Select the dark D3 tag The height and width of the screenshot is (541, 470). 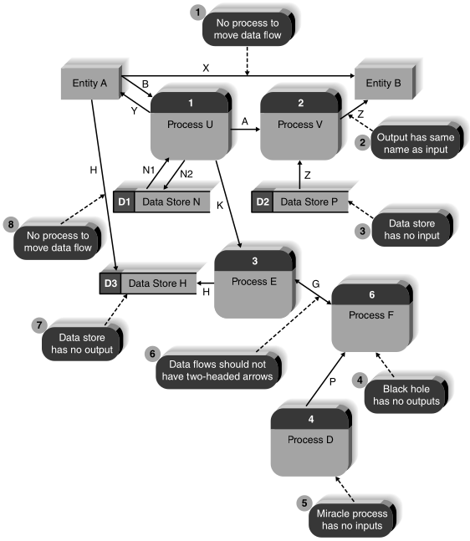tap(111, 283)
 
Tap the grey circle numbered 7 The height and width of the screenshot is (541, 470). tap(37, 324)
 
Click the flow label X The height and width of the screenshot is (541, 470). tap(206, 66)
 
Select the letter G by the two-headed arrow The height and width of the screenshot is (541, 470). tap(315, 285)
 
